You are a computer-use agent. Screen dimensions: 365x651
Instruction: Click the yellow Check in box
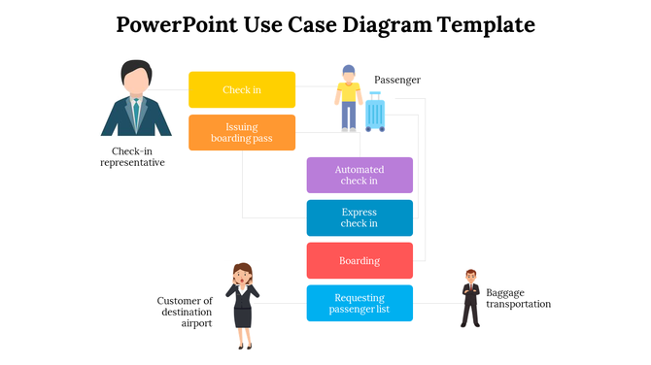click(x=242, y=89)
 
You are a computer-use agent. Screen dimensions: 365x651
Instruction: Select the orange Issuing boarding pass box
click(x=242, y=133)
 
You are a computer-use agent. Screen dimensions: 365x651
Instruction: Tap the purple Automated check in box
click(x=360, y=175)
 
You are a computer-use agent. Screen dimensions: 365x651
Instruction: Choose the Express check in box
click(x=360, y=217)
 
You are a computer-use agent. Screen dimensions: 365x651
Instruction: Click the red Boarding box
click(x=360, y=261)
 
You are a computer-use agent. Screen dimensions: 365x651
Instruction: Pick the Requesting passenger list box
click(x=360, y=303)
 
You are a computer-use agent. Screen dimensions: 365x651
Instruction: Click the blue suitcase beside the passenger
click(x=375, y=113)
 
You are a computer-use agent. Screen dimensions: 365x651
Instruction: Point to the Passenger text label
click(x=397, y=80)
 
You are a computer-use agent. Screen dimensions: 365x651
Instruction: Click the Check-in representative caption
click(x=132, y=157)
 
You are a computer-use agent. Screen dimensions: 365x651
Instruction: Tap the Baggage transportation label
click(x=518, y=298)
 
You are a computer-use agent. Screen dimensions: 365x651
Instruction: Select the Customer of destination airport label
click(x=185, y=312)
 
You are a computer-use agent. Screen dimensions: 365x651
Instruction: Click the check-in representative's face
click(x=136, y=79)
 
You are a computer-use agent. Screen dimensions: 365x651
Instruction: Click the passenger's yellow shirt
click(x=349, y=92)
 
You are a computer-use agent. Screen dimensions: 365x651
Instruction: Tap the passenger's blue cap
click(x=349, y=70)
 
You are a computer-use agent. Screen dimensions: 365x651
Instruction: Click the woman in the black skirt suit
click(x=242, y=306)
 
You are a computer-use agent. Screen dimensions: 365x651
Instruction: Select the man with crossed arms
click(x=470, y=298)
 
